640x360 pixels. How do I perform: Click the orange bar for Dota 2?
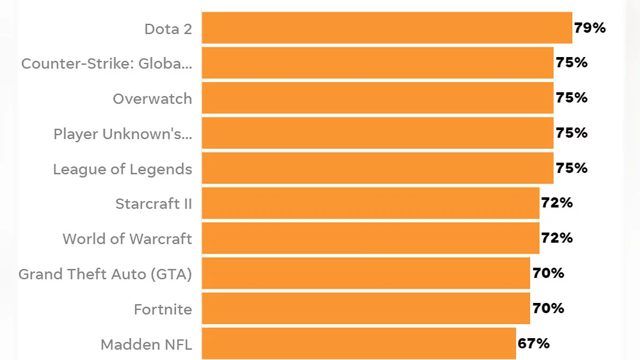pyautogui.click(x=387, y=28)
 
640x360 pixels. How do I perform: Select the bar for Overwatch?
pyautogui.click(x=378, y=98)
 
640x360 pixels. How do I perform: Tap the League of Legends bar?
pyautogui.click(x=378, y=169)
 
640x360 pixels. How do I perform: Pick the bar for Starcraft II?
pyautogui.click(x=371, y=203)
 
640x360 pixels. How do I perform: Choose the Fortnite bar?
pyautogui.click(x=366, y=308)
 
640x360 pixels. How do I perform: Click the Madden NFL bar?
pyautogui.click(x=359, y=343)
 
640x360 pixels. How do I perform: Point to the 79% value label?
pyautogui.click(x=590, y=28)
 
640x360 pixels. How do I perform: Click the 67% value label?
pyautogui.click(x=533, y=343)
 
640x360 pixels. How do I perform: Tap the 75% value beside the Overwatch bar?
pyautogui.click(x=572, y=98)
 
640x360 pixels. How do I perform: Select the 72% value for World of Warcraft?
pyautogui.click(x=557, y=238)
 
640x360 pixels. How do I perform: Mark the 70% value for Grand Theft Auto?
pyautogui.click(x=548, y=273)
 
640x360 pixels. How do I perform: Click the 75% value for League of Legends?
pyautogui.click(x=572, y=168)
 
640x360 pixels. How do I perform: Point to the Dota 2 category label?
pyautogui.click(x=168, y=29)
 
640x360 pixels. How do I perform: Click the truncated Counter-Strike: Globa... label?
pyautogui.click(x=107, y=64)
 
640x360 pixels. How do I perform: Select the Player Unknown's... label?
pyautogui.click(x=123, y=134)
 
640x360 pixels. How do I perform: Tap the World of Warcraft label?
pyautogui.click(x=127, y=239)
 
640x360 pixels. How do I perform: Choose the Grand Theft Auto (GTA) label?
pyautogui.click(x=105, y=274)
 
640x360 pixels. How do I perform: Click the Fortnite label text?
pyautogui.click(x=163, y=309)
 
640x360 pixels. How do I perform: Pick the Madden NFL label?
pyautogui.click(x=146, y=345)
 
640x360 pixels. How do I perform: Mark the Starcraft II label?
pyautogui.click(x=154, y=204)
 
